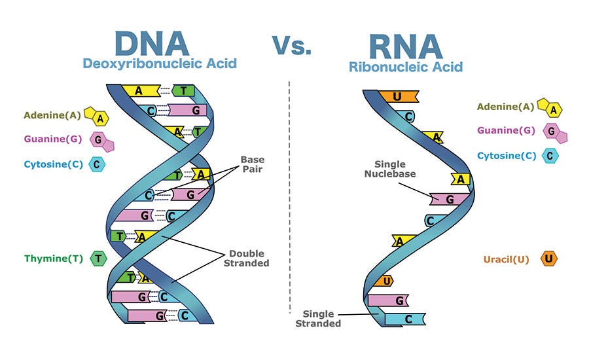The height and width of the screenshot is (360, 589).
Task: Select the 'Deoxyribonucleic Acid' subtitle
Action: tap(160, 63)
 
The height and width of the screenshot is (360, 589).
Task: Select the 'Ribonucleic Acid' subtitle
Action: tap(406, 66)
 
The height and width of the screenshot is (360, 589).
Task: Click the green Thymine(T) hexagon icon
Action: tap(98, 259)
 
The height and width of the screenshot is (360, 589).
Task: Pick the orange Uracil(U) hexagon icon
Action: tap(549, 259)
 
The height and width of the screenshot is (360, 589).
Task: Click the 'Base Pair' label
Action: tap(253, 164)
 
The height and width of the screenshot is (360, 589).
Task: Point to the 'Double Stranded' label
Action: tap(249, 258)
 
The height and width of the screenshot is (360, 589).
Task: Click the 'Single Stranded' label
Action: tap(318, 318)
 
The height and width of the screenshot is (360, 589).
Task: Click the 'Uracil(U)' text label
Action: tap(506, 259)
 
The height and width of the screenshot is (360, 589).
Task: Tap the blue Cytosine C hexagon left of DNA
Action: tap(99, 164)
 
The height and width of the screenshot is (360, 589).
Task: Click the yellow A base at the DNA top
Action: tap(140, 91)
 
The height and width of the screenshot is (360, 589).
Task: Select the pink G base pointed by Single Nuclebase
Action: tap(449, 198)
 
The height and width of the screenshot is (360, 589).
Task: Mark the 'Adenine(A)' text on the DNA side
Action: tap(52, 115)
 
